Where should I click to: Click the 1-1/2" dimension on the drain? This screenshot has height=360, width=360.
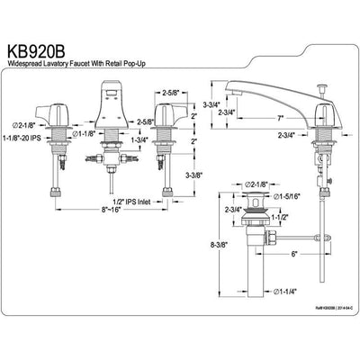click(279, 219)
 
